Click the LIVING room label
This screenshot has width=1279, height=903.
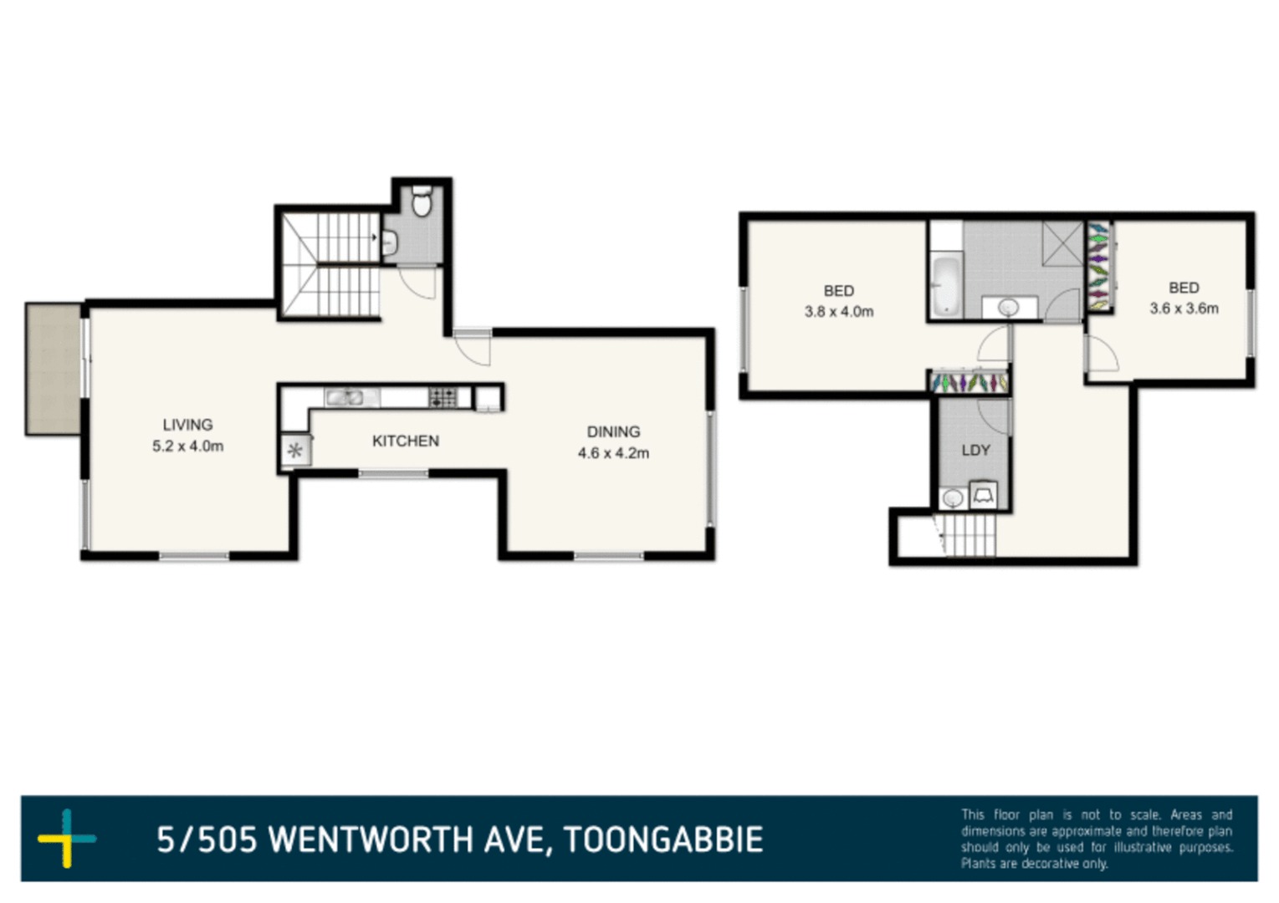click(187, 425)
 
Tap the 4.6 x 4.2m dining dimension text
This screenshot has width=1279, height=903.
click(613, 453)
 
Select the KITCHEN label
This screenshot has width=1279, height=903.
click(405, 441)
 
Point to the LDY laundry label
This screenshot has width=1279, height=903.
click(975, 450)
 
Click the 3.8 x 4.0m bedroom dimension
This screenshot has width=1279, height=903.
click(838, 312)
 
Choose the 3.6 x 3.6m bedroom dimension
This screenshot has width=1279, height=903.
click(1183, 309)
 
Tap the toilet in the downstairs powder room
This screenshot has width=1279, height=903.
click(422, 202)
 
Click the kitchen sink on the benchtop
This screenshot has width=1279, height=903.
click(345, 397)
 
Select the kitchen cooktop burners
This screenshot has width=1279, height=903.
click(443, 397)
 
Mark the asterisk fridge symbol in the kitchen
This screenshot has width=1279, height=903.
click(294, 451)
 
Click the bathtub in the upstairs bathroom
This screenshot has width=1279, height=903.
click(945, 285)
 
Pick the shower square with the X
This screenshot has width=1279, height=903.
click(1062, 243)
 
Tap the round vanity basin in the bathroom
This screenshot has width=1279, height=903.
click(1009, 308)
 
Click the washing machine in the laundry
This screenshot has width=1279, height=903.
click(983, 495)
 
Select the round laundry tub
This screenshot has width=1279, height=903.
click(952, 499)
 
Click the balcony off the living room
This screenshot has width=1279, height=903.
click(53, 369)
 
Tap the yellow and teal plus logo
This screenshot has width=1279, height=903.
click(67, 838)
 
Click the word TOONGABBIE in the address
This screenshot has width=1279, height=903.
click(663, 840)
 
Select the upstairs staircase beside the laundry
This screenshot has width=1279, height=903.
click(968, 535)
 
